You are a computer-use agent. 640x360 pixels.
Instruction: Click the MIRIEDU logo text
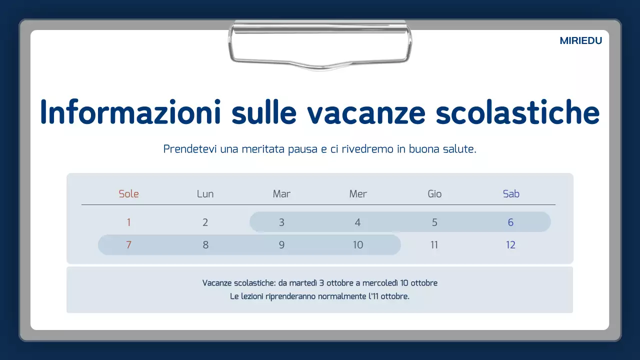[x=580, y=41]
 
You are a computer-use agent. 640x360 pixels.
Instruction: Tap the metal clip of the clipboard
[x=320, y=44]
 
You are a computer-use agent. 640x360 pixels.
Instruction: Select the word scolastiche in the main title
[x=517, y=112]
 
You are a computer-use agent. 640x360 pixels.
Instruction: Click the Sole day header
[x=128, y=194]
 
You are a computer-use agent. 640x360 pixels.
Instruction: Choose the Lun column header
[x=205, y=194]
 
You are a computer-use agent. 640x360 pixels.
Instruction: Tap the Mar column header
[x=281, y=194]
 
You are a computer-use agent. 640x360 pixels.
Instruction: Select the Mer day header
[x=358, y=194]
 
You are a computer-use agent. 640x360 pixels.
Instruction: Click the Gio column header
[x=434, y=194]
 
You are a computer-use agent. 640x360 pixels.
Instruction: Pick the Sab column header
[x=511, y=194]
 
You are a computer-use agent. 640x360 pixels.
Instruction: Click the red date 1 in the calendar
[x=128, y=222]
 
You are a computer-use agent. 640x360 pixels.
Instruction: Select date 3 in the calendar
[x=281, y=222]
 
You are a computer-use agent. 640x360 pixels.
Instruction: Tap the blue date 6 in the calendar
[x=510, y=222]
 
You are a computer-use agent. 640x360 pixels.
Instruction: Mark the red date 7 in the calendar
[x=128, y=245]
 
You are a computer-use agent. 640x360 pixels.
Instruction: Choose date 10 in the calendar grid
[x=358, y=245]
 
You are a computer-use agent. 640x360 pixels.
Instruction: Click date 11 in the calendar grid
[x=434, y=245]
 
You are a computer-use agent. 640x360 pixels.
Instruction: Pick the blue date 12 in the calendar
[x=510, y=245]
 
